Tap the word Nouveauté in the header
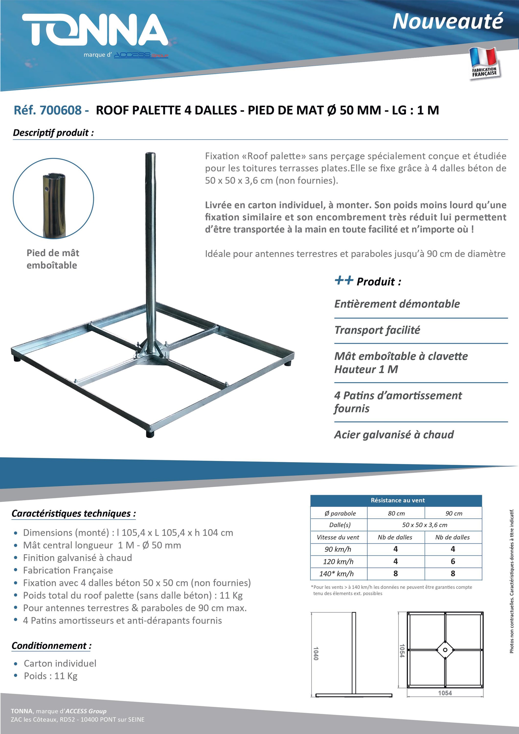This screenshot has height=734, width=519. point(447,22)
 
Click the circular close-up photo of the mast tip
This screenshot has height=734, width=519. point(53,198)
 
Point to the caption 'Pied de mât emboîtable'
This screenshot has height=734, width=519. point(52,259)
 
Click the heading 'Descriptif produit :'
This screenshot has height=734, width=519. point(53,133)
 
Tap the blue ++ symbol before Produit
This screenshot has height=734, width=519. point(344,280)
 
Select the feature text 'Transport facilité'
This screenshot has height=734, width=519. point(377,330)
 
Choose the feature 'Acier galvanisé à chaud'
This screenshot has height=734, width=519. point(394,435)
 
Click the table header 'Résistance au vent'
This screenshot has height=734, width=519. point(397,500)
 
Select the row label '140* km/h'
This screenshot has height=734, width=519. point(338,573)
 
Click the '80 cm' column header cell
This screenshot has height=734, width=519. point(396,513)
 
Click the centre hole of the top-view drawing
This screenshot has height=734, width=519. point(445,650)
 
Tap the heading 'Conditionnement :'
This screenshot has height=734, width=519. point(51,645)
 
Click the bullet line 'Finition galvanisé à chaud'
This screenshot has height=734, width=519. point(77,558)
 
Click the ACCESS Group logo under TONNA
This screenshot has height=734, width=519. point(141,55)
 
